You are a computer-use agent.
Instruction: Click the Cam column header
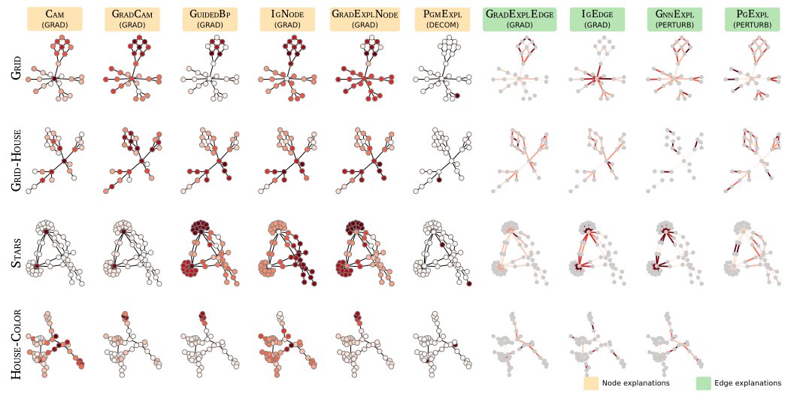[x=54, y=19]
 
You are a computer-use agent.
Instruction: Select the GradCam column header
[x=132, y=19]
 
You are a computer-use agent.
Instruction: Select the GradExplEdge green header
[x=519, y=19]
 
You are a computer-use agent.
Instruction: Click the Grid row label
[x=16, y=74]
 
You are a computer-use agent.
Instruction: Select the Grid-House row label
[x=16, y=160]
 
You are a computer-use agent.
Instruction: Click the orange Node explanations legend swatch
[x=592, y=383]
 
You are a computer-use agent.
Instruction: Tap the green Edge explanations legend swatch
[x=704, y=383]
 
